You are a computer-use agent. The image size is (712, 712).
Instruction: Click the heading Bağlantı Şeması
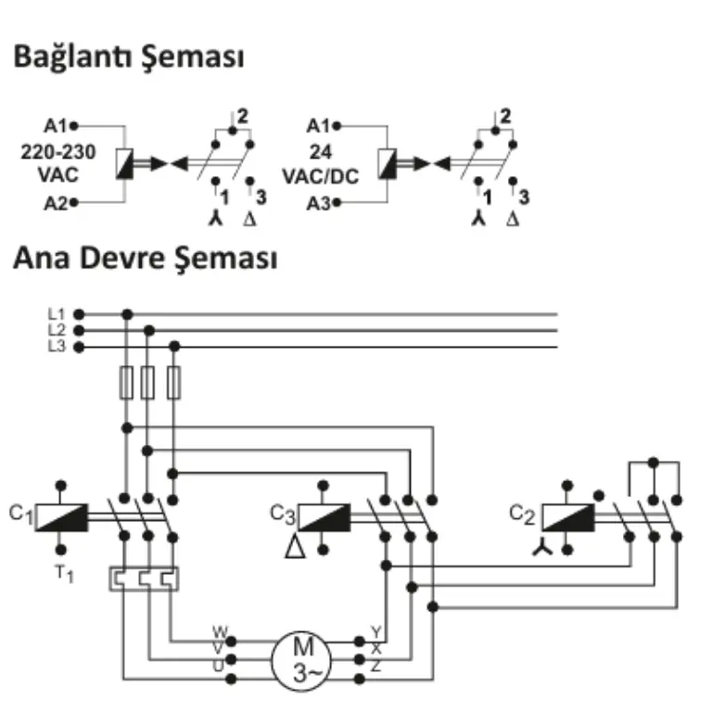pyautogui.click(x=129, y=57)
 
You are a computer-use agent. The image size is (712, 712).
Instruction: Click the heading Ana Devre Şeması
pyautogui.click(x=146, y=259)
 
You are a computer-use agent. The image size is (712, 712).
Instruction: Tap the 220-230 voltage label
pyautogui.click(x=58, y=152)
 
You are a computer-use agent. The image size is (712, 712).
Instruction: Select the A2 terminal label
pyautogui.click(x=56, y=203)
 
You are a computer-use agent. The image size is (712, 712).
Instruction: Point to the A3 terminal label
pyautogui.click(x=318, y=204)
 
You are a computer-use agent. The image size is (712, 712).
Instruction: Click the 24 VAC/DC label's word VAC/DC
pyautogui.click(x=321, y=177)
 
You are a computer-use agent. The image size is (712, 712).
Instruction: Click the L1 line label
pyautogui.click(x=57, y=313)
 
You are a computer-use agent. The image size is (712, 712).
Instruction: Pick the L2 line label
pyautogui.click(x=57, y=330)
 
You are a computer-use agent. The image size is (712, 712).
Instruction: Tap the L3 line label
pyautogui.click(x=57, y=347)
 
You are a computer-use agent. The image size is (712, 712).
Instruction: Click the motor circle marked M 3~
pyautogui.click(x=301, y=661)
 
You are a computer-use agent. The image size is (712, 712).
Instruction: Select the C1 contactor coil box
pyautogui.click(x=62, y=517)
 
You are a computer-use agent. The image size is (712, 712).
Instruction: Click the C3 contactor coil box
pyautogui.click(x=324, y=517)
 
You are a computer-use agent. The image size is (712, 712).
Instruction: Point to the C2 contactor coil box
pyautogui.click(x=568, y=517)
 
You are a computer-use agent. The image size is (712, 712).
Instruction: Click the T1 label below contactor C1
pyautogui.click(x=64, y=574)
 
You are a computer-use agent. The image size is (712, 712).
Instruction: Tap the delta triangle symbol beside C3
pyautogui.click(x=295, y=547)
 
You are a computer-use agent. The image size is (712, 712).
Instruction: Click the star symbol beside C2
pyautogui.click(x=542, y=547)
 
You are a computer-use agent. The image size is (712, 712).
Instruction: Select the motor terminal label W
pyautogui.click(x=221, y=631)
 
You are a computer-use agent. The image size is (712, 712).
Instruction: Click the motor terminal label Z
pyautogui.click(x=375, y=667)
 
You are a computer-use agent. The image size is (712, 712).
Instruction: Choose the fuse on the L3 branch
pyautogui.click(x=174, y=383)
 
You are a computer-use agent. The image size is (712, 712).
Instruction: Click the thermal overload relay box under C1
pyautogui.click(x=144, y=578)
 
